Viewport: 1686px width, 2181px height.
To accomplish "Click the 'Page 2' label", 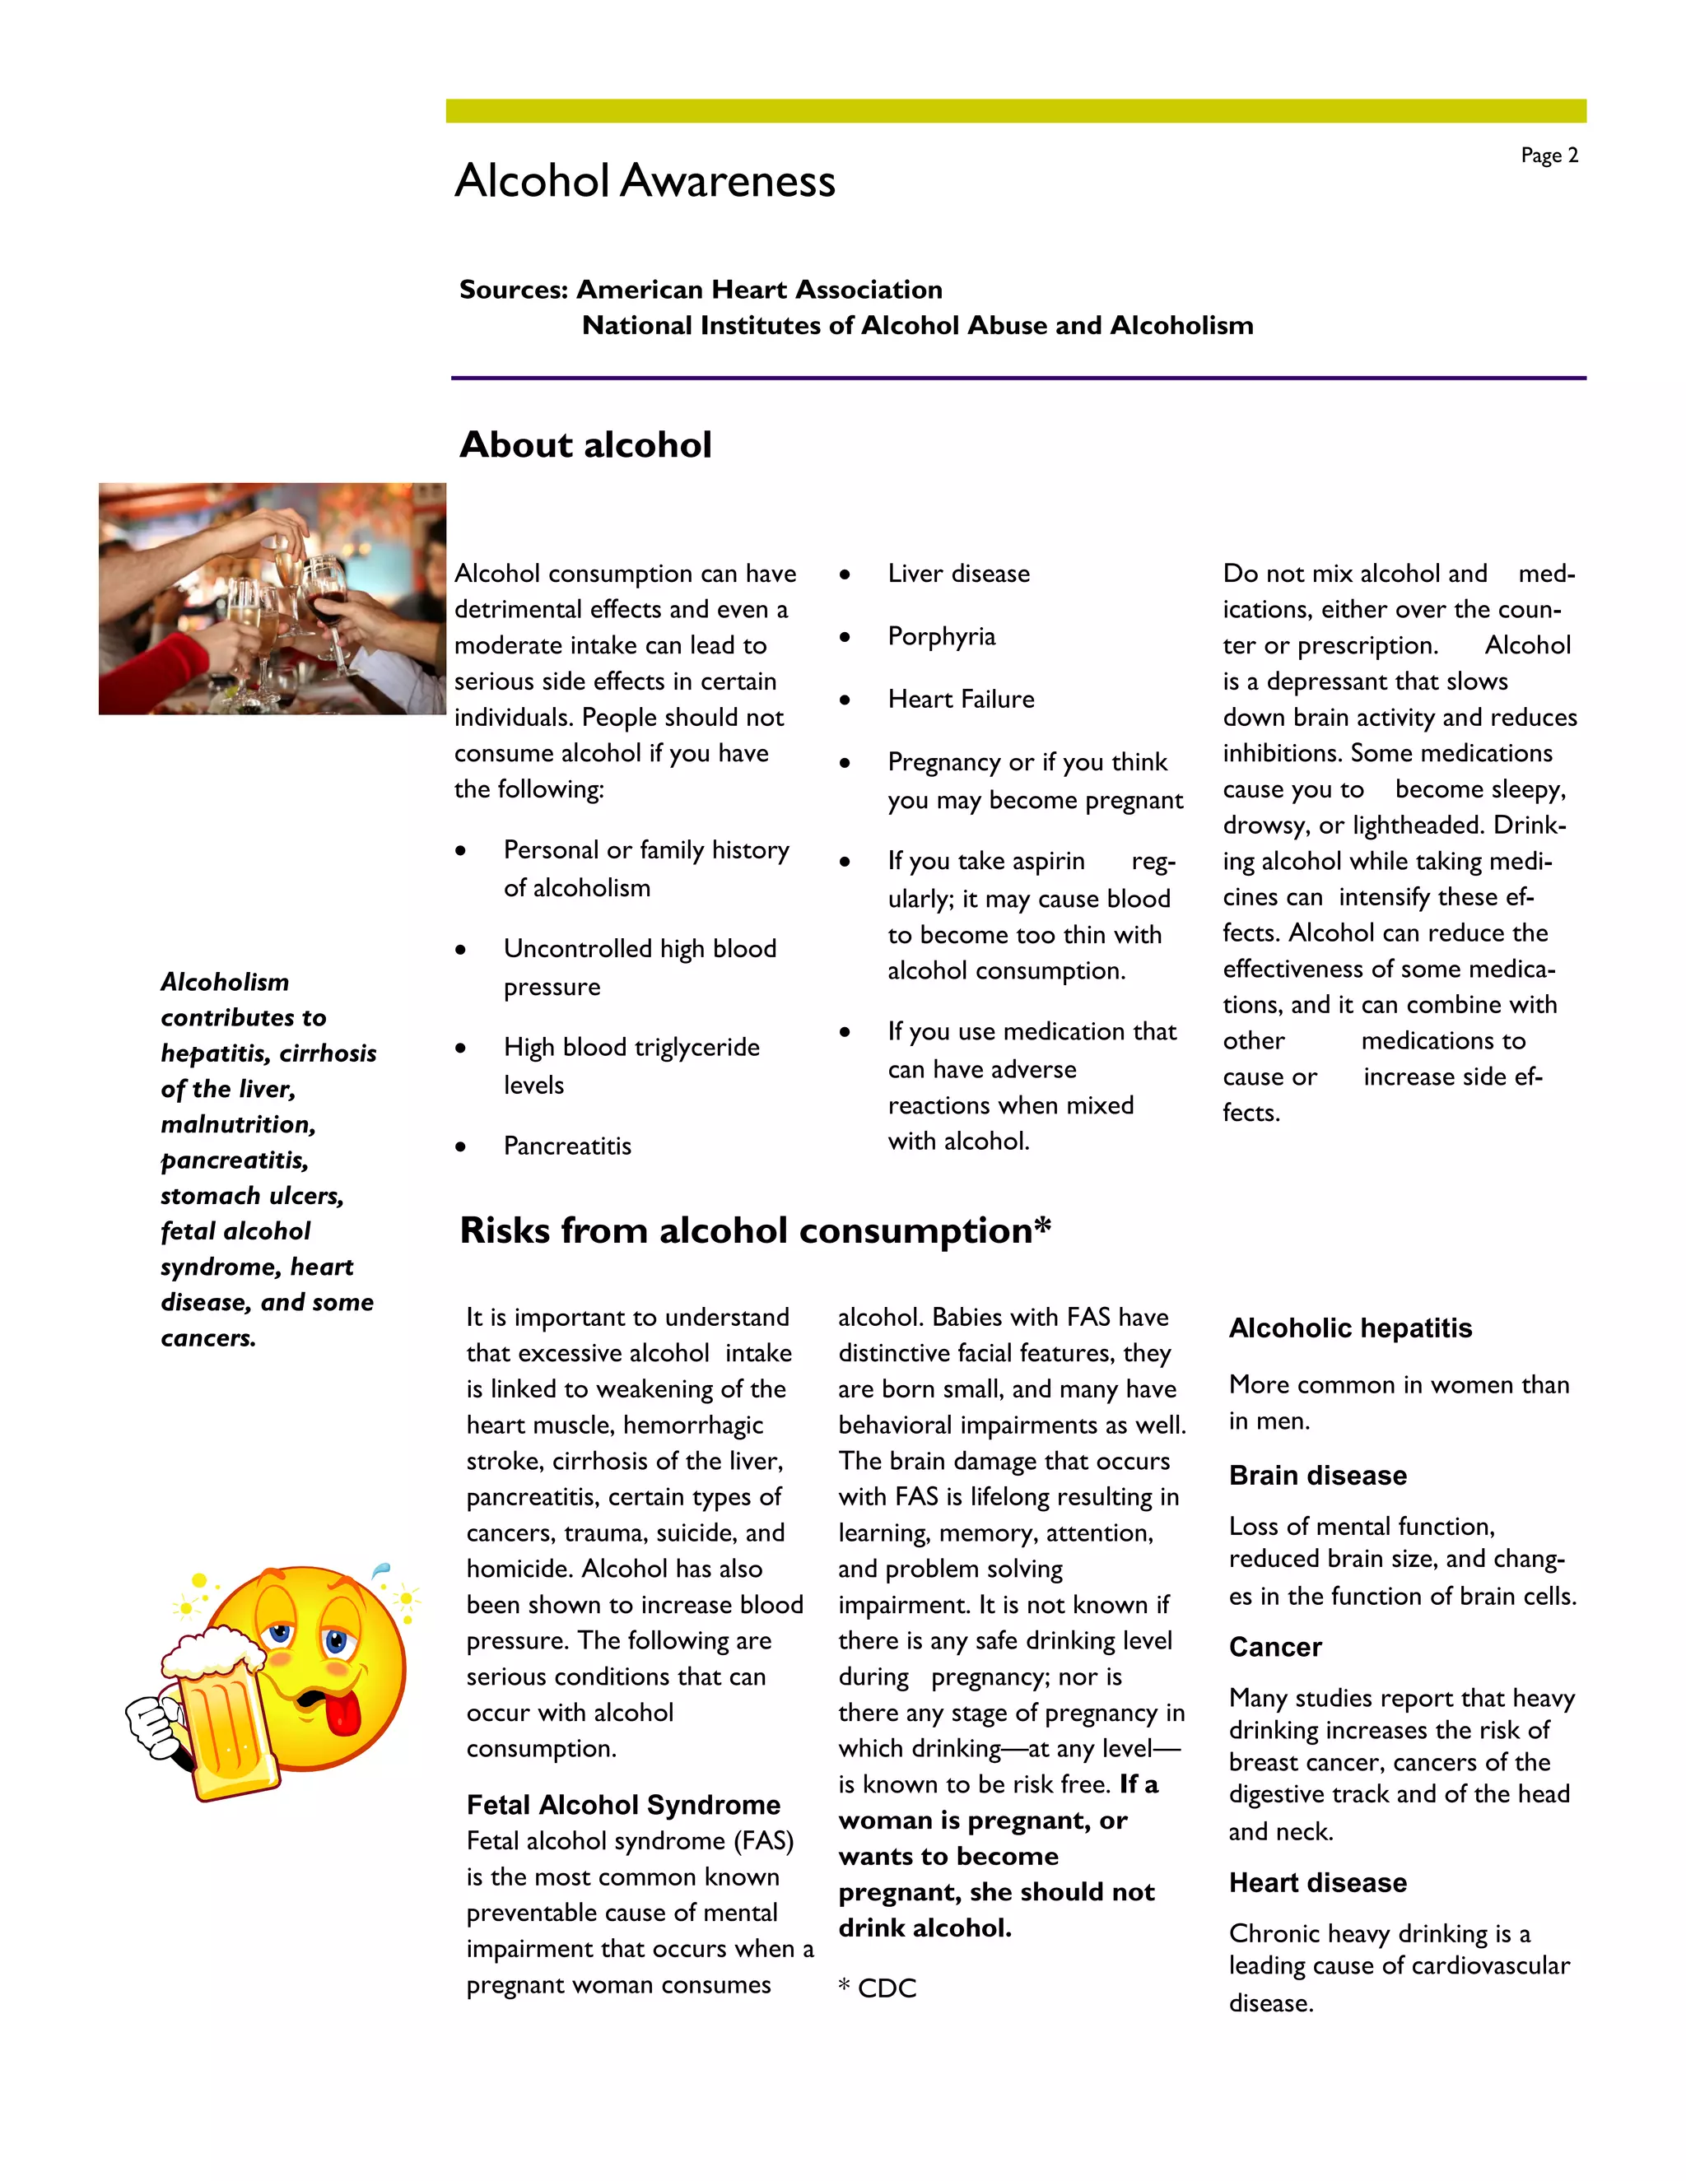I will tap(1549, 156).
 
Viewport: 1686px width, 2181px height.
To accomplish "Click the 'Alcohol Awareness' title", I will tap(645, 182).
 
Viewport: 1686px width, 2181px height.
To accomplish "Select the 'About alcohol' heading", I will tap(585, 444).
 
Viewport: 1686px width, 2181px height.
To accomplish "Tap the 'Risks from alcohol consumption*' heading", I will tap(755, 1230).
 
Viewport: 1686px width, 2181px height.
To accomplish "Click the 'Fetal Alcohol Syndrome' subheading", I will tap(623, 1805).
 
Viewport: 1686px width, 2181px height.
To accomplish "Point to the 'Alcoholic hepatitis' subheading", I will tap(1350, 1328).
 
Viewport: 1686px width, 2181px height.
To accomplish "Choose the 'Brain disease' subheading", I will tap(1317, 1475).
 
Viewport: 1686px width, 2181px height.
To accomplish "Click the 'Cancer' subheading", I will tap(1274, 1647).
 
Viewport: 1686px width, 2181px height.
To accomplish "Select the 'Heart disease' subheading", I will tap(1317, 1882).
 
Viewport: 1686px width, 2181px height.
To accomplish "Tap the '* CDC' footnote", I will tap(877, 1988).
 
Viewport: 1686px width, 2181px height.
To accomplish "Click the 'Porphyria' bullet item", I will tap(941, 636).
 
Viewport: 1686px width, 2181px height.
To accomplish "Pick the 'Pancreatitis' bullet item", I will tap(567, 1146).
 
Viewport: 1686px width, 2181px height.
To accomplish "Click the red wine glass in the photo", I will tap(328, 607).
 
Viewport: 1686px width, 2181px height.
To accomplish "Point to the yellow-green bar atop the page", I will tap(1015, 111).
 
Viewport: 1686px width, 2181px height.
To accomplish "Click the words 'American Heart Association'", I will tap(759, 290).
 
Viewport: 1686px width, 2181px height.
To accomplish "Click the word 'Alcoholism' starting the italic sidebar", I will tap(225, 982).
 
